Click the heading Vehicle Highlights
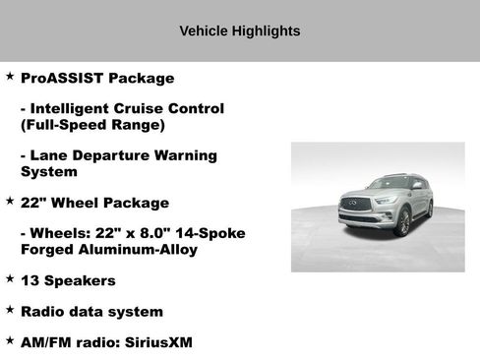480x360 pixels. [x=240, y=30]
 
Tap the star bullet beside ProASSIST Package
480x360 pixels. [x=10, y=76]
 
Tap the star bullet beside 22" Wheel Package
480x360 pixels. [x=10, y=201]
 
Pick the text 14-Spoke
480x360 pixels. [x=211, y=233]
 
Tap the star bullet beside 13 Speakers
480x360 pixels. [x=10, y=278]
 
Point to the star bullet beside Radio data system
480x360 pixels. [x=10, y=310]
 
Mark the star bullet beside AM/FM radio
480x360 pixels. [x=10, y=340]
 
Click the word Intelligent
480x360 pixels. [x=77, y=109]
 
